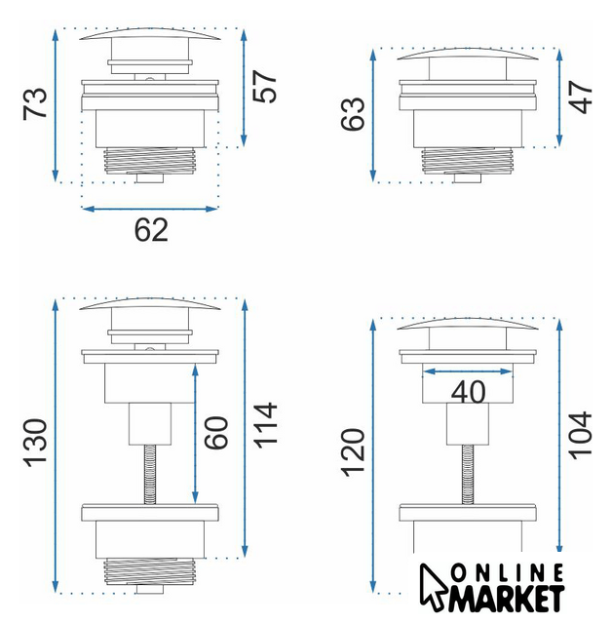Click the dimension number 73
click(x=35, y=103)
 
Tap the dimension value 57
click(x=264, y=87)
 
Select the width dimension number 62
click(x=151, y=230)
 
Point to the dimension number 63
click(x=353, y=113)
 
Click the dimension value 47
click(x=580, y=97)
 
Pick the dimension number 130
click(x=35, y=443)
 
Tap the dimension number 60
click(x=216, y=433)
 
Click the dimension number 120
click(x=353, y=452)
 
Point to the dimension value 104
click(x=580, y=436)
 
